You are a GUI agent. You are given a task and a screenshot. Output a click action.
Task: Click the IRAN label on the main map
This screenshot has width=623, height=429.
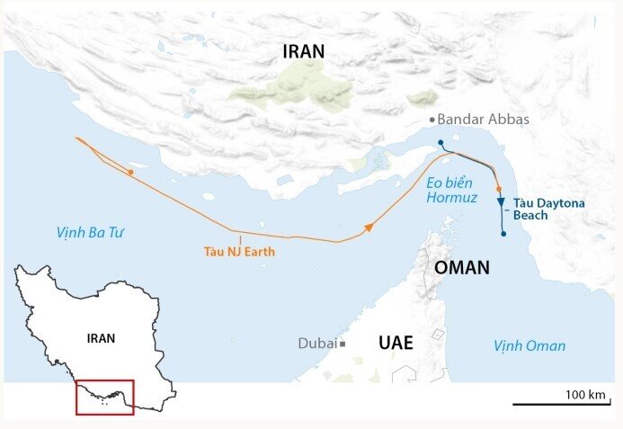point(303,52)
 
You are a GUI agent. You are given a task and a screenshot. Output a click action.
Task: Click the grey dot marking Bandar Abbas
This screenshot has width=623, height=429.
point(432,120)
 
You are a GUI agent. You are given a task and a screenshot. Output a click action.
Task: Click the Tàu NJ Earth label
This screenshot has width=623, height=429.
point(239,252)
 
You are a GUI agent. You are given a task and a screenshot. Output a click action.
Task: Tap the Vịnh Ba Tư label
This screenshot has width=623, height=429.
point(89,233)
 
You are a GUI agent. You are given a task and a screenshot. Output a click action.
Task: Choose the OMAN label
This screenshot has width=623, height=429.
point(461,267)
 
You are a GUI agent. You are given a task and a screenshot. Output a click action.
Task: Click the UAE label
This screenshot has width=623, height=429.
point(396,343)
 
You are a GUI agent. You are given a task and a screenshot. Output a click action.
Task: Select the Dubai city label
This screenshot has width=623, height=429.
point(316,344)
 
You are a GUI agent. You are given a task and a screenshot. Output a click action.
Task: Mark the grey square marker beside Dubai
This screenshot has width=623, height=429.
point(343,344)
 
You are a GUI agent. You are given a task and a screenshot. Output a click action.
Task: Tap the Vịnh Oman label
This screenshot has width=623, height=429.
point(530,345)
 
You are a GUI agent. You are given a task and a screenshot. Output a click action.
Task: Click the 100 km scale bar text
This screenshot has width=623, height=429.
point(586,395)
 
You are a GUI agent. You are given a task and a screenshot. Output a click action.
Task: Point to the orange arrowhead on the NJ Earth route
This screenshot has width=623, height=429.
point(368,228)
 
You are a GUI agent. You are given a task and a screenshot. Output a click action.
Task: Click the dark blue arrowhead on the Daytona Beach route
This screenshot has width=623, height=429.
point(501,202)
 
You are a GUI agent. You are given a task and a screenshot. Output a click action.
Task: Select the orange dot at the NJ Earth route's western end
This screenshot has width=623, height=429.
point(131,171)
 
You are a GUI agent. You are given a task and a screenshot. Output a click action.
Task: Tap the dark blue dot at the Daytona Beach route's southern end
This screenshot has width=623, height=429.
point(503,234)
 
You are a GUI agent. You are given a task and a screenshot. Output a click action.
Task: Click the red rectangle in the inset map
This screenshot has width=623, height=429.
point(104,397)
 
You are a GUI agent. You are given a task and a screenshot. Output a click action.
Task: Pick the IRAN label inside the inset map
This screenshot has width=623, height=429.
point(101,339)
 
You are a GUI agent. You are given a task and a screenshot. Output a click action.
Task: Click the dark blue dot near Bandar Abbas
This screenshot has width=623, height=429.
point(441,143)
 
